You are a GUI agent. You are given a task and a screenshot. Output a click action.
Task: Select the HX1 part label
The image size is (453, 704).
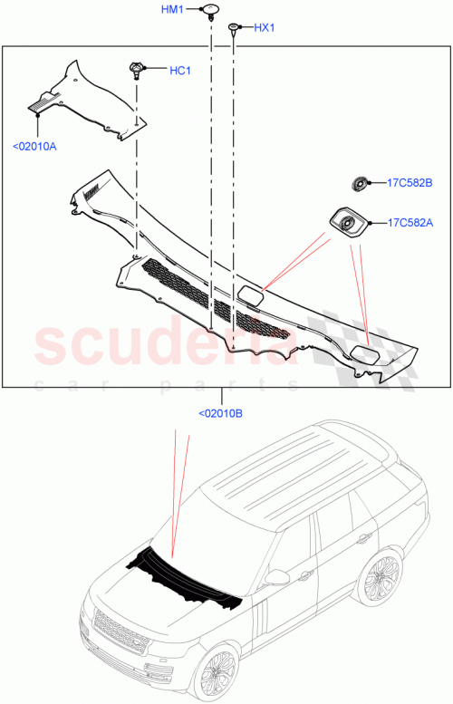(264, 28)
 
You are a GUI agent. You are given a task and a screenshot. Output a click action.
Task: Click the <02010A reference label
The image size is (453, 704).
(34, 145)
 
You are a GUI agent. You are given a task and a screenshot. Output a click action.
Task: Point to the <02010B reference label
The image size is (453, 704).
(220, 413)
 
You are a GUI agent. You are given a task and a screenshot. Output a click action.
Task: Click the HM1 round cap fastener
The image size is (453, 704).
(210, 11)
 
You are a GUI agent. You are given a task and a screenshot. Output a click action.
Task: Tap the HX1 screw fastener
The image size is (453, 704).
(234, 29)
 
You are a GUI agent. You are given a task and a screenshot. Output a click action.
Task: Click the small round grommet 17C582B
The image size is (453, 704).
(360, 184)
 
